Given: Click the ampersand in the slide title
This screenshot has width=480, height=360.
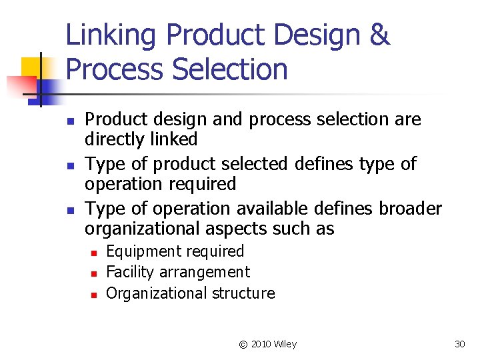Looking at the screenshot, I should point(378,35).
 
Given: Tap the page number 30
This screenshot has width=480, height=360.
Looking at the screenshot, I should point(459,344).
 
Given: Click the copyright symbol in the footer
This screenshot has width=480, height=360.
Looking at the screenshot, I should point(243,344).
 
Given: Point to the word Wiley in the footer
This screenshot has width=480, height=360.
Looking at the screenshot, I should point(285,344).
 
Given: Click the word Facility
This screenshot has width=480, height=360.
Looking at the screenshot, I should point(127,272).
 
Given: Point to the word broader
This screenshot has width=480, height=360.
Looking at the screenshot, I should point(410,209).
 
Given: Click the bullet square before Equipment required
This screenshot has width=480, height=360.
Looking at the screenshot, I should point(95,253).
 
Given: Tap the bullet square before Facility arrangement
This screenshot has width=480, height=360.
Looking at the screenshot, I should point(95,273).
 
